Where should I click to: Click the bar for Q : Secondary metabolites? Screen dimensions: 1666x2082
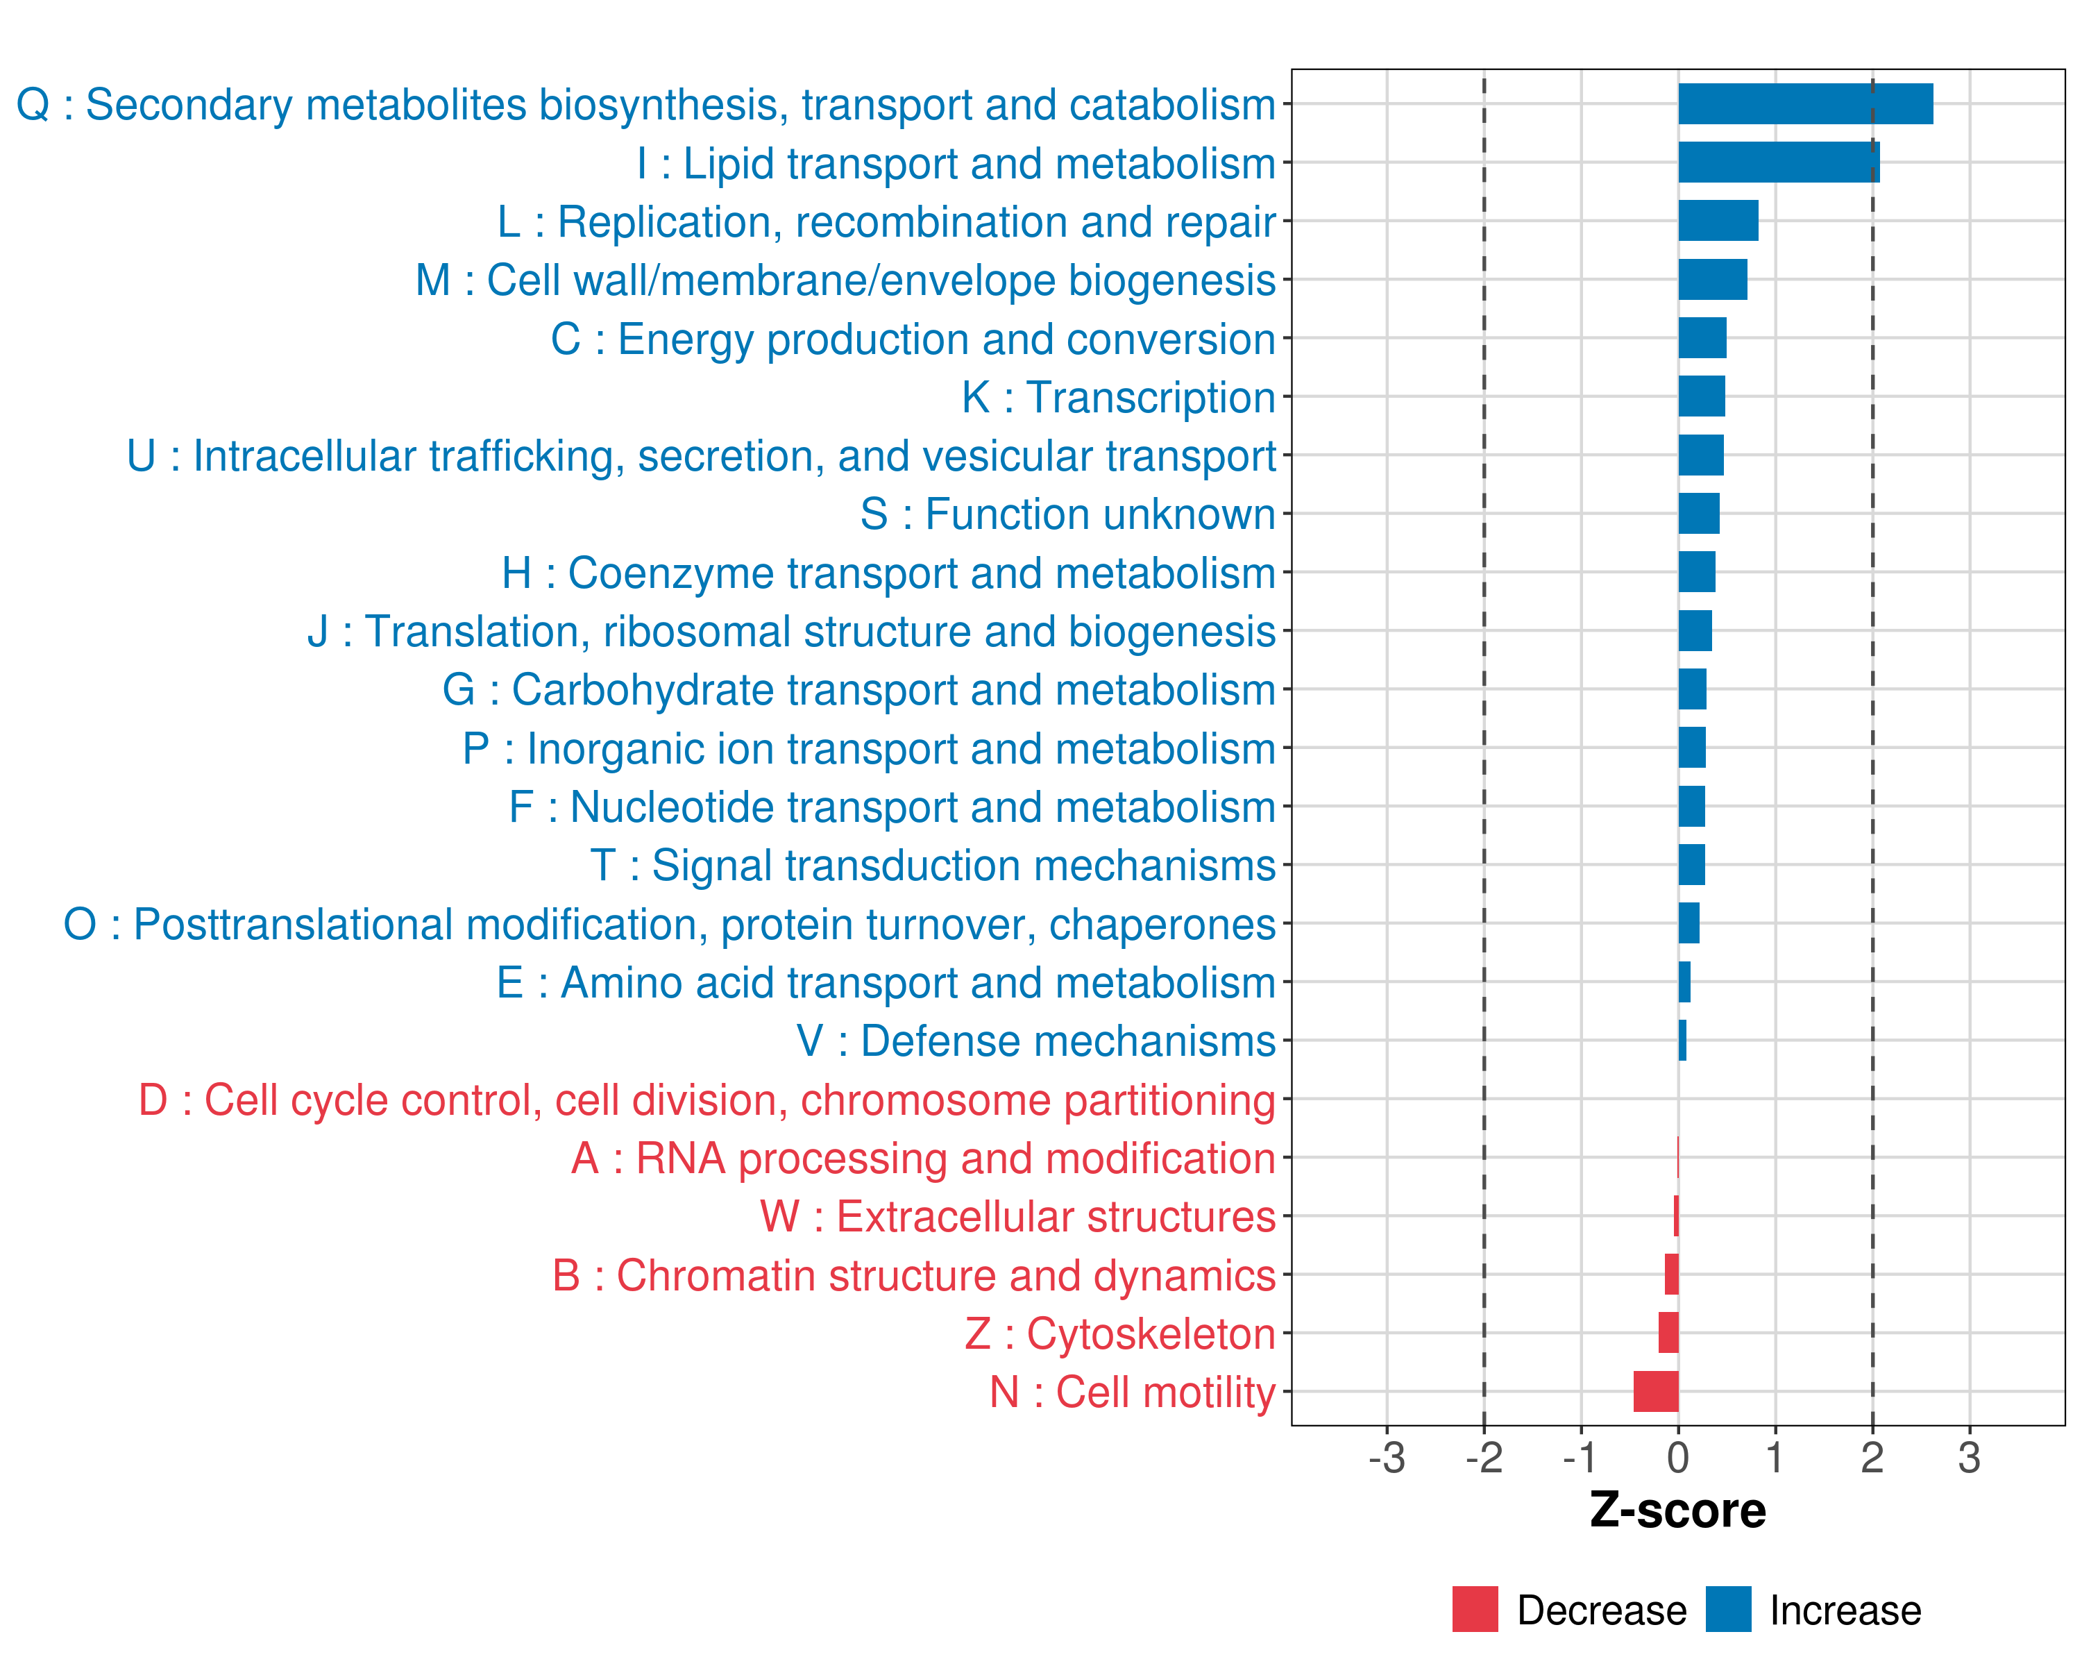point(1805,104)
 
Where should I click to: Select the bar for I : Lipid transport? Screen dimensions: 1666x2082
point(1778,162)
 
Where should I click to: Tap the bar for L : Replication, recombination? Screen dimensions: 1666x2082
point(1718,221)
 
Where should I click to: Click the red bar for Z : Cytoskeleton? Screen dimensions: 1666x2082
point(1668,1333)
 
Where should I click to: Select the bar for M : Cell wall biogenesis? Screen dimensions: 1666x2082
point(1712,280)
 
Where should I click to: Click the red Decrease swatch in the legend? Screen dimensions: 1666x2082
point(1475,1609)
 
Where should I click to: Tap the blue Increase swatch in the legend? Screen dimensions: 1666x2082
point(1727,1609)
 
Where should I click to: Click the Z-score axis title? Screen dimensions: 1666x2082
point(1677,1511)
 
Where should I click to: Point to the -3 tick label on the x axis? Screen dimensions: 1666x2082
point(1386,1457)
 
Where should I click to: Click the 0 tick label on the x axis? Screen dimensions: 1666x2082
point(1677,1457)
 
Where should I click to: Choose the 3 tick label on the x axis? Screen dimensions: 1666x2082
point(1969,1457)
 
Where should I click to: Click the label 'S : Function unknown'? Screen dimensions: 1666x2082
point(1067,515)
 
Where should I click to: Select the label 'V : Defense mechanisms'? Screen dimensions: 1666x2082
point(1035,1041)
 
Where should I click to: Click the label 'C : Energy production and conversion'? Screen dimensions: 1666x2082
point(913,339)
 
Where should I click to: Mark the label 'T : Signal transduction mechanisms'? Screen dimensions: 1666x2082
point(932,866)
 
